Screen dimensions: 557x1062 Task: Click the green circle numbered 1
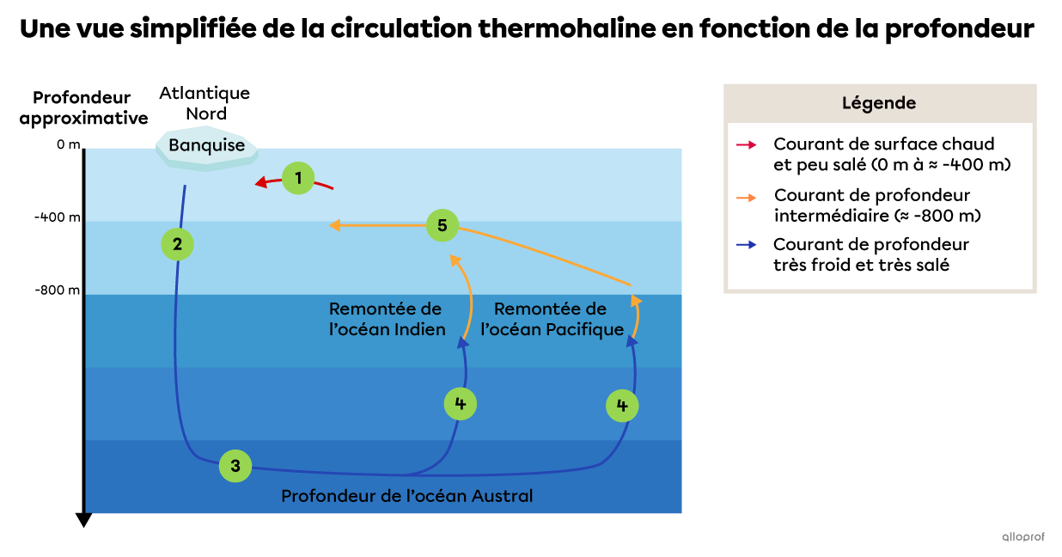click(298, 179)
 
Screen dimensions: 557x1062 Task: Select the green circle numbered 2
click(177, 244)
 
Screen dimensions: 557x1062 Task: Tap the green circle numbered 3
click(235, 466)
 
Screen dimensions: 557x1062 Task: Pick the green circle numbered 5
click(442, 226)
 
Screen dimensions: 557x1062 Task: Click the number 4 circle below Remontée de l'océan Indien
click(461, 403)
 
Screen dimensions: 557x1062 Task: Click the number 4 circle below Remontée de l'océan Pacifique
click(622, 405)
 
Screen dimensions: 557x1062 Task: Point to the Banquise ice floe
click(206, 146)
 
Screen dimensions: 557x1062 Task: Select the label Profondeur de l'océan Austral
click(407, 496)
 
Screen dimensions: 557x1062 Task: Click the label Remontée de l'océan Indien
click(386, 319)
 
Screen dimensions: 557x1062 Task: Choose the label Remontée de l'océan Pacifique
click(552, 319)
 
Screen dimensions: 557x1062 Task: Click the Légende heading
click(879, 103)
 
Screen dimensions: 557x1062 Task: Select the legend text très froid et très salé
click(861, 266)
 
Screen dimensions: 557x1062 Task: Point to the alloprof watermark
click(1022, 536)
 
